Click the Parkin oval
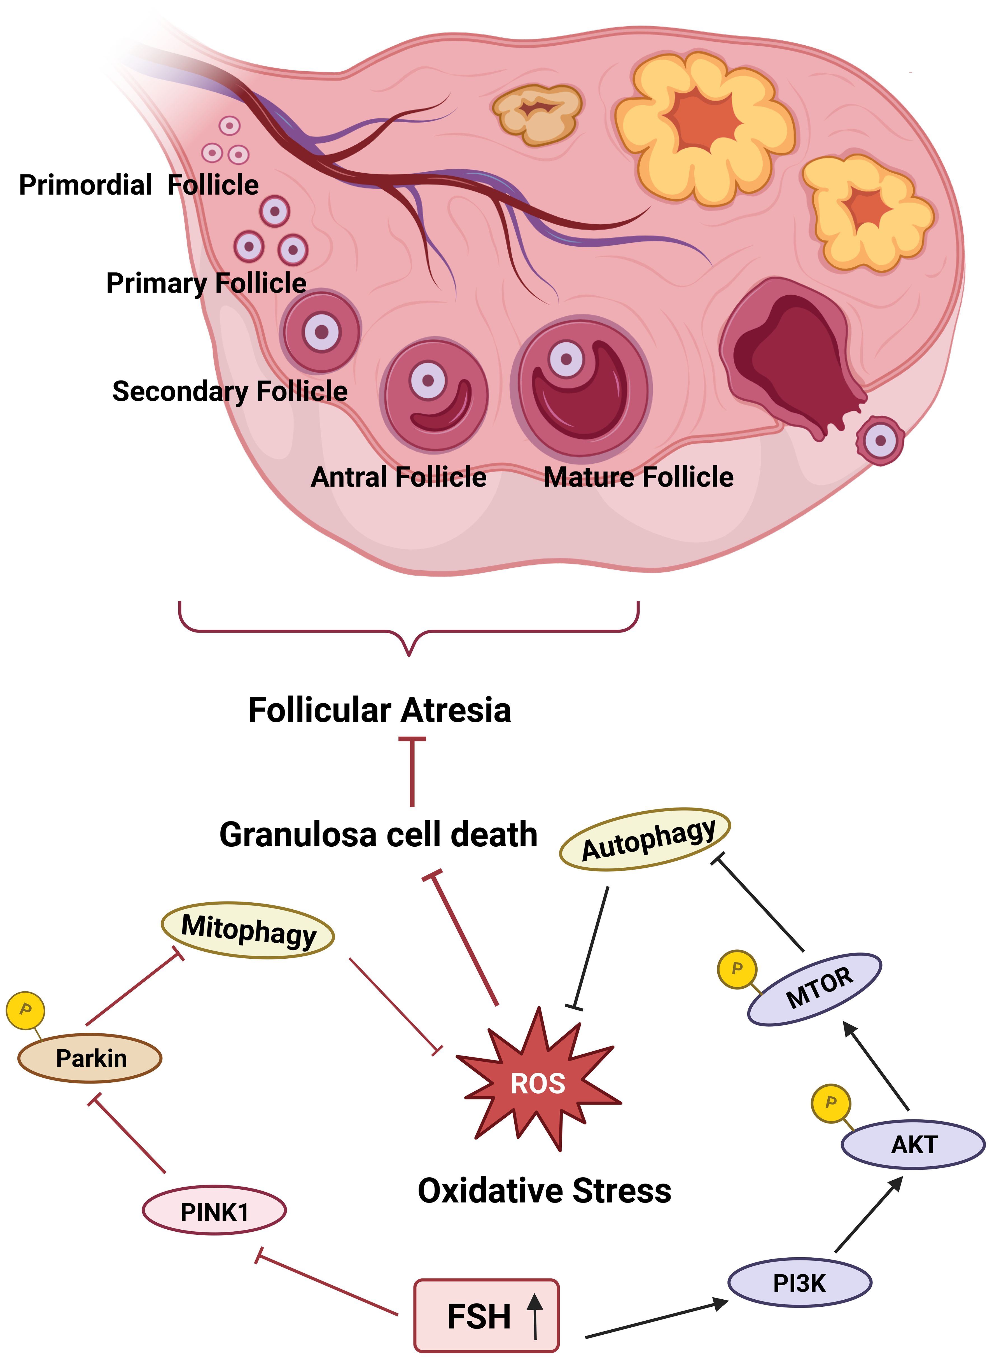pos(90,1058)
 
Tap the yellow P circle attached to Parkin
pos(25,1011)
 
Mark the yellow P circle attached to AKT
pos(830,1103)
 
